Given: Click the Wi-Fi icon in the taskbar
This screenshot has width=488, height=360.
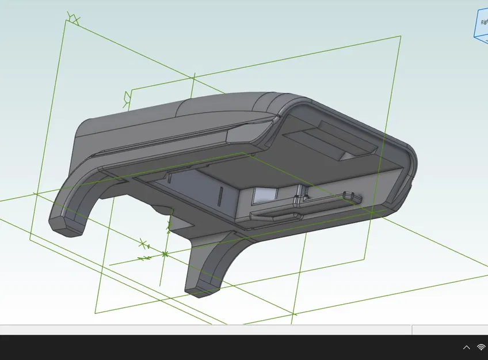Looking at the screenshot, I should (481, 347).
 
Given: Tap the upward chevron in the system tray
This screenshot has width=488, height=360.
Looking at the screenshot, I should (466, 347).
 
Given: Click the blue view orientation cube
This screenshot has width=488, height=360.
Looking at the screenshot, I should (481, 23).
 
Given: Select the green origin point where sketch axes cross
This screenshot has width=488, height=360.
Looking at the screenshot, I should (165, 253).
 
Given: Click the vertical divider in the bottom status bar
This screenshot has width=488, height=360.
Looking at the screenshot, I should (412, 330).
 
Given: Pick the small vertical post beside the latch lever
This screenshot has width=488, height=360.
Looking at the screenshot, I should (298, 196).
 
